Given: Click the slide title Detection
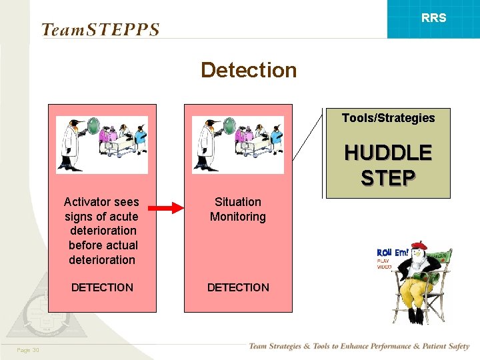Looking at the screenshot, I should [248, 70].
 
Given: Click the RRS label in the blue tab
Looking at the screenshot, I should [433, 18].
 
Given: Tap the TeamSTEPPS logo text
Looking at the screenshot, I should [100, 30].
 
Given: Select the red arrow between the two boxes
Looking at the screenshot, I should [169, 209].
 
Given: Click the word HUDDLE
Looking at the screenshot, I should [387, 153].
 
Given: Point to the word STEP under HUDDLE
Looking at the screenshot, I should [387, 178].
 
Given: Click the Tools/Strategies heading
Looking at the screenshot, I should [388, 118].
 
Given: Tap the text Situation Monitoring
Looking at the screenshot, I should [237, 209].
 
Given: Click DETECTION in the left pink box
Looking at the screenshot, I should [102, 287].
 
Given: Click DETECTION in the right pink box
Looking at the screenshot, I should [238, 287].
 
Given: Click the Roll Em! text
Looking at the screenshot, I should [393, 253].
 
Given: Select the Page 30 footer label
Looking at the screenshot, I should [28, 351].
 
